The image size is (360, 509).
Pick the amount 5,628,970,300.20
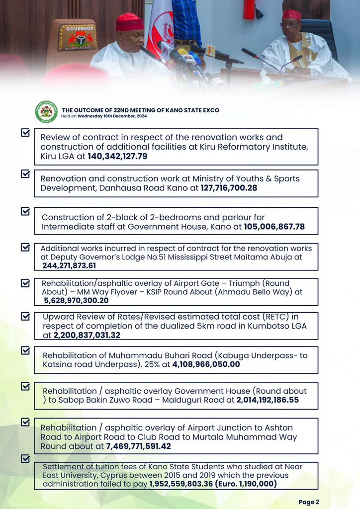tap(76, 301)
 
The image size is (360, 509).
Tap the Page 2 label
tap(309, 502)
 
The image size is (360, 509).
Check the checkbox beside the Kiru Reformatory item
tap(25, 133)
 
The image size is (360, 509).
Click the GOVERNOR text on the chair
tap(78, 28)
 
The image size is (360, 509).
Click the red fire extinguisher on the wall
tap(249, 9)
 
